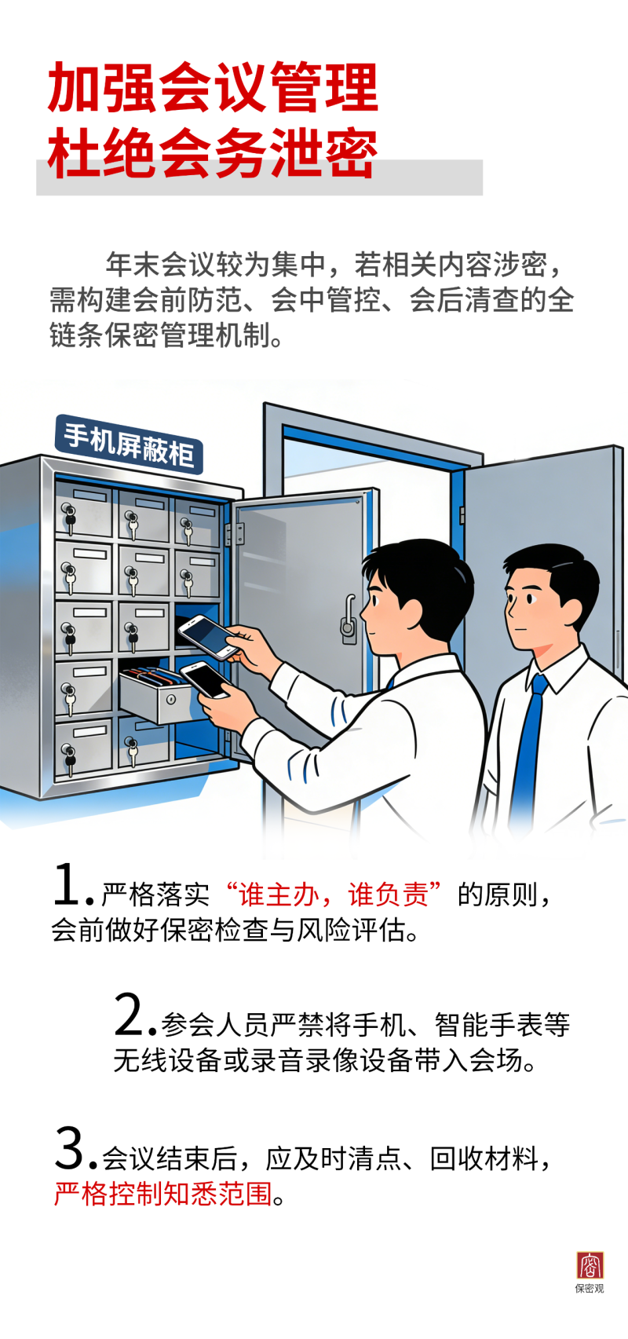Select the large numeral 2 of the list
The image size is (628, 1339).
coord(130,1015)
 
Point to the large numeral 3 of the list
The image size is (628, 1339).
coord(71,1149)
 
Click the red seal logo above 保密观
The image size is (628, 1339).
coord(590,1265)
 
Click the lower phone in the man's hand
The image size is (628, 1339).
coord(205,679)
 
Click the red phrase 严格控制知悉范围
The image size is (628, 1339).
coord(162,1194)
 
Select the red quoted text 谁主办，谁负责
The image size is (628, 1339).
coord(333,894)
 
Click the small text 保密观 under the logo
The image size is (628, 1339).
coord(590,1289)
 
